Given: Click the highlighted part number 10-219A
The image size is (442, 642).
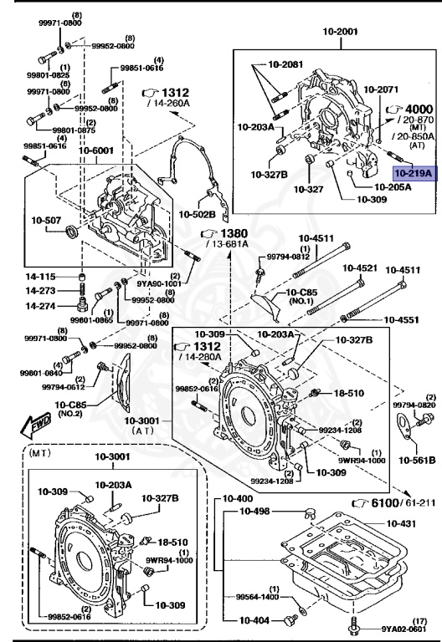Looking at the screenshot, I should tap(413, 174).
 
